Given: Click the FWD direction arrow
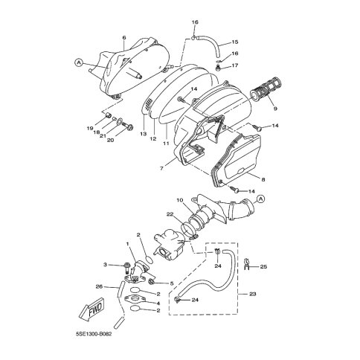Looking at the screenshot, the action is (91, 309).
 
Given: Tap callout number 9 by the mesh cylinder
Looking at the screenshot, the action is (275, 109).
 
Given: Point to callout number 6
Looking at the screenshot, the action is (124, 37).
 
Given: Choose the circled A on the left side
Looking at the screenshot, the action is (78, 63).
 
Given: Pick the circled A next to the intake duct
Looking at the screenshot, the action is (260, 199).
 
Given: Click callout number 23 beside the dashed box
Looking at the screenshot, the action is (252, 294).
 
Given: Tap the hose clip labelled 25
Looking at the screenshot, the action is (248, 266).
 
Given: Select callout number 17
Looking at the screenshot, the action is (234, 65).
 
